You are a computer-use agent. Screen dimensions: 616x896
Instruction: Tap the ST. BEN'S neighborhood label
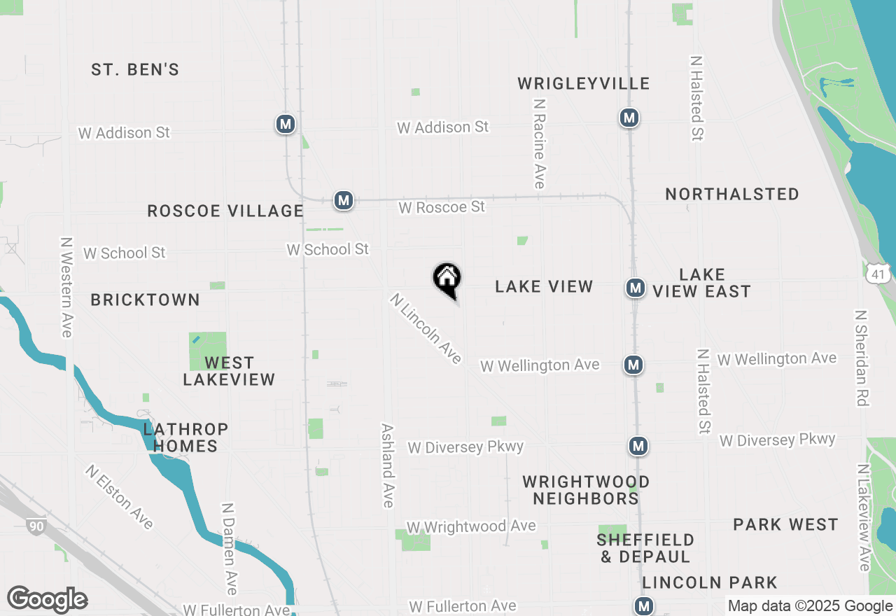click(x=135, y=70)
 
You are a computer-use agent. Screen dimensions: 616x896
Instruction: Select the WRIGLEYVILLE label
click(x=584, y=84)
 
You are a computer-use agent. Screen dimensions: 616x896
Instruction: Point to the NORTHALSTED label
click(x=732, y=195)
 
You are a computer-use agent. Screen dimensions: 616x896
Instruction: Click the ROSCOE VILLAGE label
click(x=225, y=211)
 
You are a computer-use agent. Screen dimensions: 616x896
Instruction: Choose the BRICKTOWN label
click(x=146, y=300)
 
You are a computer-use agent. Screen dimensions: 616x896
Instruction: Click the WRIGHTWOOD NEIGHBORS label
click(x=586, y=490)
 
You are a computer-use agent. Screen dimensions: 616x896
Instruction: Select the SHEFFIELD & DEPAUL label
click(x=645, y=548)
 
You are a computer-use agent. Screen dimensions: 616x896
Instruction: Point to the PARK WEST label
click(x=785, y=525)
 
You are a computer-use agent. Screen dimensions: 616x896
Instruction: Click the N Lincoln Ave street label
click(x=426, y=328)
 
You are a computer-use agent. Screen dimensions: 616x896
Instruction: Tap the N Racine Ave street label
click(x=539, y=143)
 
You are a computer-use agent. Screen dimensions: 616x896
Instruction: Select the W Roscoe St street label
click(x=442, y=208)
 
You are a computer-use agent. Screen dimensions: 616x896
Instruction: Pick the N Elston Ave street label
click(x=119, y=496)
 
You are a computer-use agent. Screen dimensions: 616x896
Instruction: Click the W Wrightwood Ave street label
click(x=471, y=526)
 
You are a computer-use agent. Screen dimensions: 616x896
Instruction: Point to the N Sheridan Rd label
click(x=862, y=358)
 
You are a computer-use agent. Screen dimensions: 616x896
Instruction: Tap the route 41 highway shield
click(x=878, y=274)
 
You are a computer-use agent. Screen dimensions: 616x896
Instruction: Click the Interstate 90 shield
click(x=36, y=525)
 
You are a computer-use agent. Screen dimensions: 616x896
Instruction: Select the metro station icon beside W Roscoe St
click(x=343, y=201)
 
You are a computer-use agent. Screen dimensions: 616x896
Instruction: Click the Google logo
click(x=47, y=600)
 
